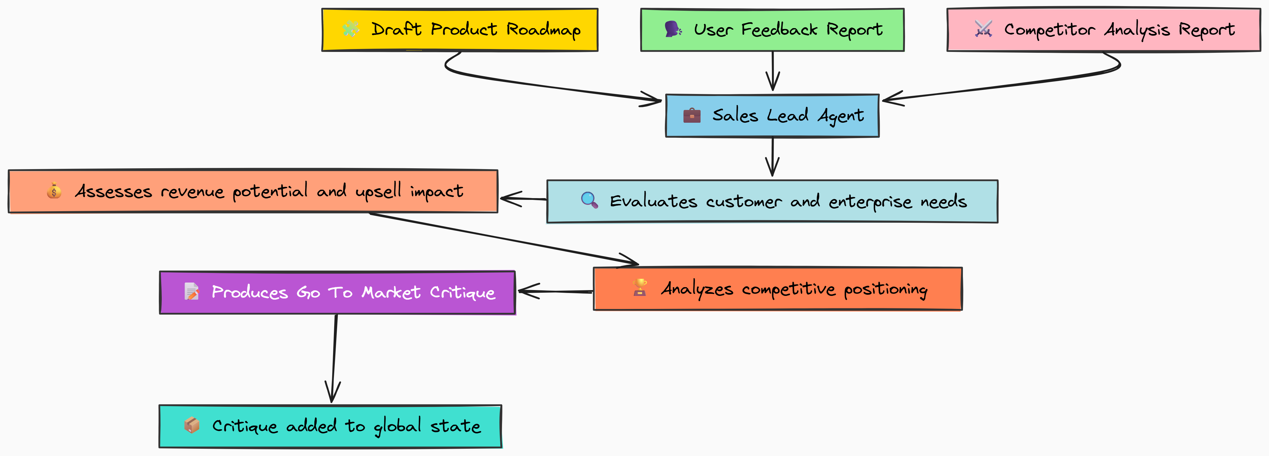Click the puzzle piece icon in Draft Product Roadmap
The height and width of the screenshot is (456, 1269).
tap(351, 29)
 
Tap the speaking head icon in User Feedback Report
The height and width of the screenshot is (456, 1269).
tap(673, 29)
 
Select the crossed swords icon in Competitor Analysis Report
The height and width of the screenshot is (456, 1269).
tap(983, 29)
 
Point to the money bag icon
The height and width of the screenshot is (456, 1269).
tap(54, 190)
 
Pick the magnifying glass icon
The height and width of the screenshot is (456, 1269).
tap(589, 200)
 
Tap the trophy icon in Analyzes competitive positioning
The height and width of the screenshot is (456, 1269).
tap(640, 287)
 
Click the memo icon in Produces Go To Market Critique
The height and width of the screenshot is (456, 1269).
tap(192, 291)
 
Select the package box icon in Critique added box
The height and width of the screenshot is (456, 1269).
tap(192, 425)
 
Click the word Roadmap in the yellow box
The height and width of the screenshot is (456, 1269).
tap(544, 30)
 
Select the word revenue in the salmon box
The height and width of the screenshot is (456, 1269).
tap(192, 191)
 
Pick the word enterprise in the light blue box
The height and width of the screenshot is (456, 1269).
tap(870, 202)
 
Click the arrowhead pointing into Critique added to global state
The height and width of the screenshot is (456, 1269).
tap(332, 392)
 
